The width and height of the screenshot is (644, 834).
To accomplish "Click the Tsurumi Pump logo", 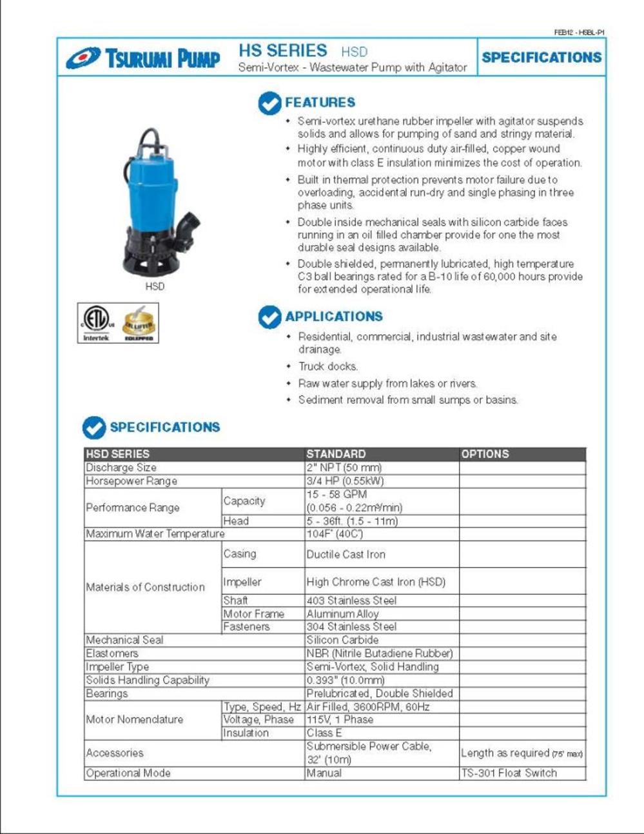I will (142, 59).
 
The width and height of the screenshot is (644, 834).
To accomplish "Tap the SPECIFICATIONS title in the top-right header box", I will (542, 57).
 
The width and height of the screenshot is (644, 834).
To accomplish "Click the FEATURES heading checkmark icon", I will (269, 103).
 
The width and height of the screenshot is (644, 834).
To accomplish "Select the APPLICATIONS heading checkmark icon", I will (269, 317).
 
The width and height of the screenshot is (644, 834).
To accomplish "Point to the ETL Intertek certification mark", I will (96, 323).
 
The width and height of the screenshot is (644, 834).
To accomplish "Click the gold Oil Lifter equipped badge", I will (139, 323).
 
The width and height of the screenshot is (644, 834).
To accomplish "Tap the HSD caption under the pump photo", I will (155, 286).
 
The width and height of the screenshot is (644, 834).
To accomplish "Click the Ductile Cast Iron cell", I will (346, 554).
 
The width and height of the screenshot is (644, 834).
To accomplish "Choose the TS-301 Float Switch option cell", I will (509, 773).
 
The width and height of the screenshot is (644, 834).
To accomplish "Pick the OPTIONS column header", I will (485, 454).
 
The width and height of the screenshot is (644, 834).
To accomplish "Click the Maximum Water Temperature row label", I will (155, 534).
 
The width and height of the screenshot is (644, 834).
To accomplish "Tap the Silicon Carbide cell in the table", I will (342, 640).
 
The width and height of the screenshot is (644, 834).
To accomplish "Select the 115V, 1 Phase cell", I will (340, 720).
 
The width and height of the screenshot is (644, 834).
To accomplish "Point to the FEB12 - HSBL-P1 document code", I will (579, 32).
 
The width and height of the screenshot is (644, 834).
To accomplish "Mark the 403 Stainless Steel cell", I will (351, 601).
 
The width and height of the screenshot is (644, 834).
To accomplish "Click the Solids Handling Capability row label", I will (148, 680).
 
